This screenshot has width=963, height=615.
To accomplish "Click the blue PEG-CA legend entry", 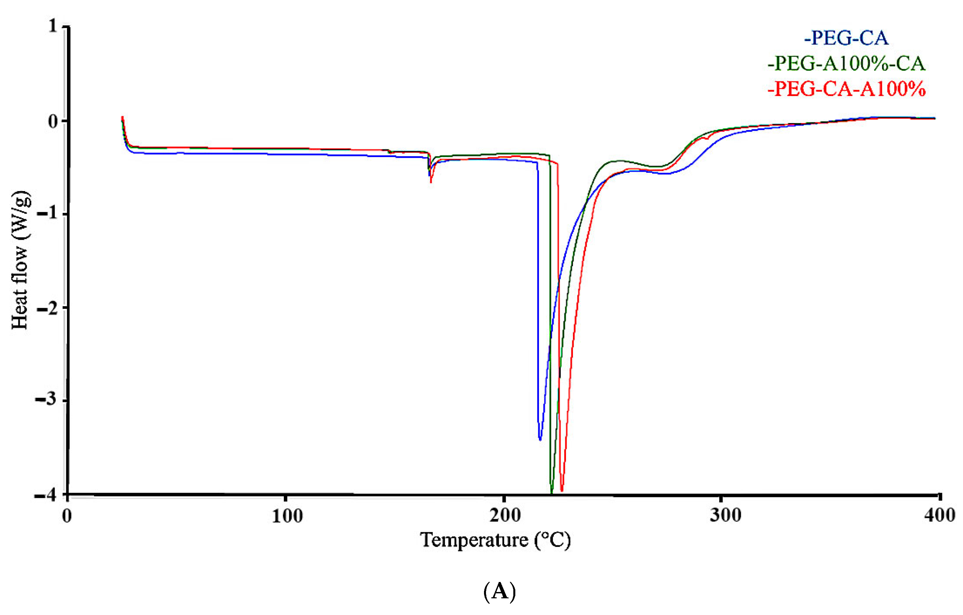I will click(846, 38).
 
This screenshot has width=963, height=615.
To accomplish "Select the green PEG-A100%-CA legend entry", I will click(846, 64).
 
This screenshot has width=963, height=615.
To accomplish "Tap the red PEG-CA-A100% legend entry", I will click(846, 89).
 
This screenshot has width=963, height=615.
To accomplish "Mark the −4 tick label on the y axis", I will click(47, 495).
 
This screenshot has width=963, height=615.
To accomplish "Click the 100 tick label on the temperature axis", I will click(287, 516).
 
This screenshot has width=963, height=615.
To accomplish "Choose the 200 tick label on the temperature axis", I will click(505, 516).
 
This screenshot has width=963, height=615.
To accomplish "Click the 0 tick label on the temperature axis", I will click(67, 516).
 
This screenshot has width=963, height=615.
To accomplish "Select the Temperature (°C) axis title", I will click(495, 540).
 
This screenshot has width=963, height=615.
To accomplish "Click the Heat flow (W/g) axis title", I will click(20, 260).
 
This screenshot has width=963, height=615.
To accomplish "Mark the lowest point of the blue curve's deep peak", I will click(540, 440).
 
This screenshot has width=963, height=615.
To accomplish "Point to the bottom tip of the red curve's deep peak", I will click(562, 491).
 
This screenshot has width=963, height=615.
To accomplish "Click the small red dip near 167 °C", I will click(431, 182).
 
